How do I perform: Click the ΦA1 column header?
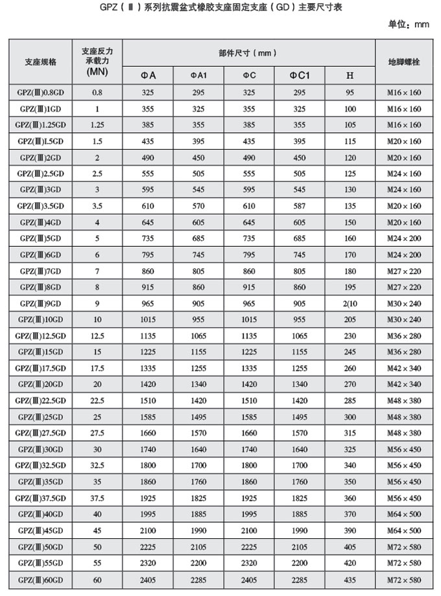pos(198,76)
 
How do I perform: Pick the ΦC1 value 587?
pos(300,206)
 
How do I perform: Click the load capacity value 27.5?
pos(98,433)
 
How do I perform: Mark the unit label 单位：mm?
pos(409,25)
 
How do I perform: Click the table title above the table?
pos(221,8)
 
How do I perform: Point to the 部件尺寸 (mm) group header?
pos(249,52)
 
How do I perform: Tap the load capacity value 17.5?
pos(98,368)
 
